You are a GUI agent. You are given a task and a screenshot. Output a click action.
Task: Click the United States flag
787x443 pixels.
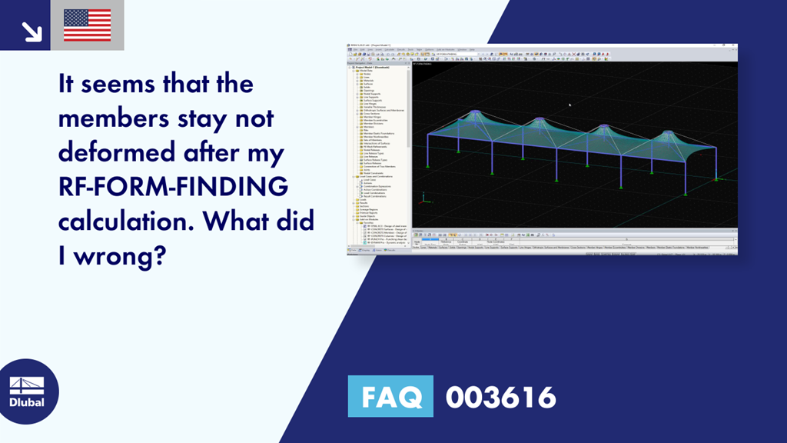[x=87, y=25]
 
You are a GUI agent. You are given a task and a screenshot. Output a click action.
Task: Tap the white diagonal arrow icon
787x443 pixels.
[x=32, y=30]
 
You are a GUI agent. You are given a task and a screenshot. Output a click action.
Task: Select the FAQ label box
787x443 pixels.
[x=390, y=397]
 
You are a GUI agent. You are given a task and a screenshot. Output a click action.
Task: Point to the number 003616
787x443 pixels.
[x=500, y=397]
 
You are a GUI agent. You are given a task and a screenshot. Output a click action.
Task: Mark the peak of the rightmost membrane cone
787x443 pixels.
[x=666, y=132]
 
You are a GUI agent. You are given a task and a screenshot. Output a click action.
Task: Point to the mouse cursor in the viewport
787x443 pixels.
[x=569, y=105]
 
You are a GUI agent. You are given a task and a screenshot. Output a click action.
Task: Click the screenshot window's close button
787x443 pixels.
[x=734, y=45]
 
